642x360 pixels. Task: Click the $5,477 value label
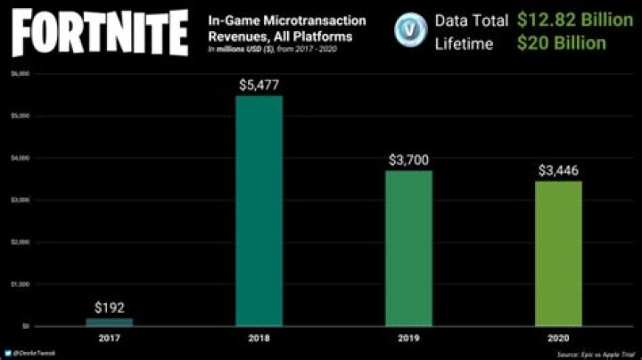[259, 86]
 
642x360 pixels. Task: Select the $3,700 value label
[409, 160]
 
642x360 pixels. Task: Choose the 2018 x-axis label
[259, 338]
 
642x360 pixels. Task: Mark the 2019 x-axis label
[409, 338]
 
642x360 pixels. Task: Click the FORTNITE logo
[98, 32]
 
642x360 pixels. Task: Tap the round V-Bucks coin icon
[409, 30]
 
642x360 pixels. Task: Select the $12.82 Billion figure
[574, 19]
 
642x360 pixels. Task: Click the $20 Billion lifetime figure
[562, 43]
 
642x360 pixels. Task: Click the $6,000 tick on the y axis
[18, 74]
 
